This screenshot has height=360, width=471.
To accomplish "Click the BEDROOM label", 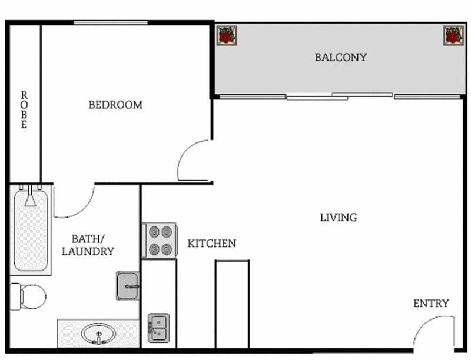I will tap(115, 105).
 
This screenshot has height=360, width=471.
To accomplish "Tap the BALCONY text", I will tap(340, 58).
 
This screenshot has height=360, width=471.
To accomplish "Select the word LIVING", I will tap(339, 218).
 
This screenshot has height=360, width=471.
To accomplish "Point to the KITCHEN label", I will tap(212, 244).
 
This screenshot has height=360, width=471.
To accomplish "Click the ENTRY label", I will tap(431, 304).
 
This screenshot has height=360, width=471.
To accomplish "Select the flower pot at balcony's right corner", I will tap(452, 36).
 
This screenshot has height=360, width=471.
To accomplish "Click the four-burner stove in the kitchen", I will tap(159, 240).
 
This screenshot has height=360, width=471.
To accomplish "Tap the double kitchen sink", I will tap(158, 327).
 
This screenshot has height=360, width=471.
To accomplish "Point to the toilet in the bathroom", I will tap(28, 295).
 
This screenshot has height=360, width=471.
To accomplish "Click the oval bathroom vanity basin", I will tap(97, 334).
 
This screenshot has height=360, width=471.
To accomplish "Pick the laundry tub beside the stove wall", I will tap(128, 285).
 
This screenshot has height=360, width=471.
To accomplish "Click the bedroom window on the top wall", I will tap(110, 23).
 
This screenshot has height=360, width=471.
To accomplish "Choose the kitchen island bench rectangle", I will tap(232, 304).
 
